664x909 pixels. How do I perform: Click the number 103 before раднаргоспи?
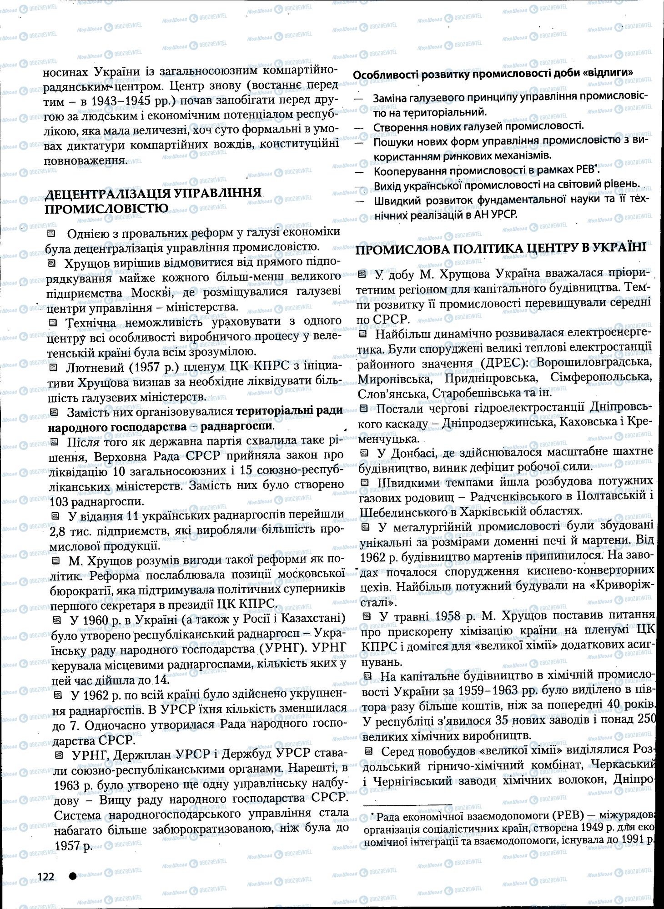(x=63, y=501)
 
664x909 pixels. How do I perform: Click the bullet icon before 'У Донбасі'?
(x=363, y=453)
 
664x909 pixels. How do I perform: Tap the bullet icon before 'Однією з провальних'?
(x=51, y=233)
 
